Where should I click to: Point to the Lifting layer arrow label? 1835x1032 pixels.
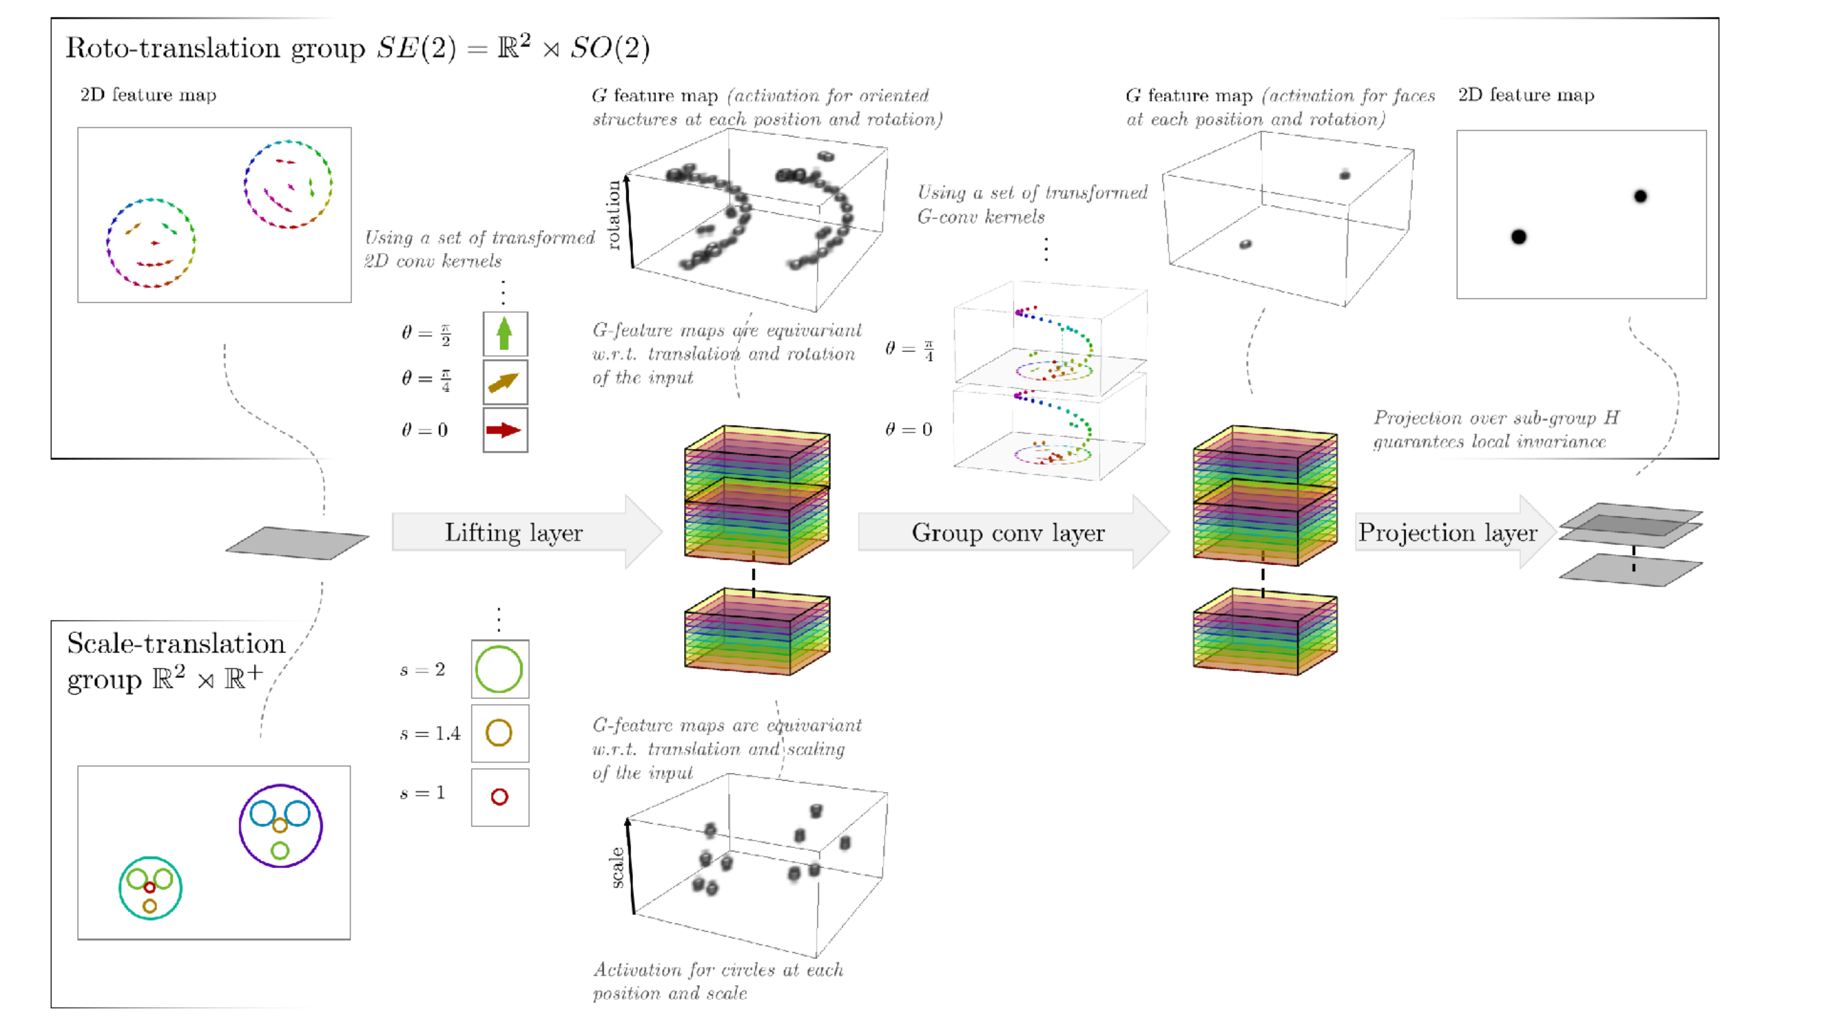514,533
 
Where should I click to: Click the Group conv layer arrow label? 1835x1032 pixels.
1008,533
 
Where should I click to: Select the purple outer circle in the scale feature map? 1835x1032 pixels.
281,786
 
